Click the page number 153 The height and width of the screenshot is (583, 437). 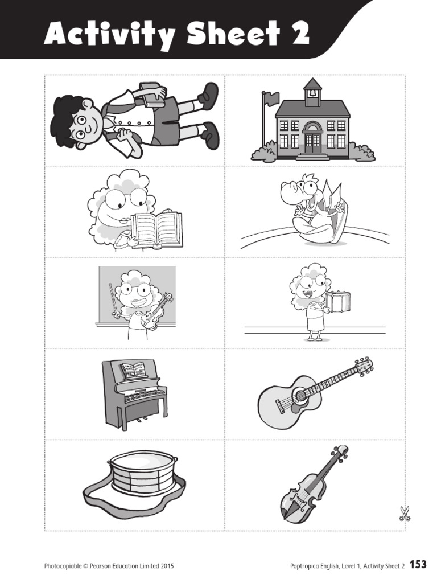click(x=418, y=565)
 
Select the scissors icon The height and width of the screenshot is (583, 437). click(x=404, y=514)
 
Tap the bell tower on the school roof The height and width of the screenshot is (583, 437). click(x=312, y=92)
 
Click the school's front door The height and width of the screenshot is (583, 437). click(x=312, y=143)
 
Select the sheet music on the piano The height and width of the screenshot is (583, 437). click(x=134, y=371)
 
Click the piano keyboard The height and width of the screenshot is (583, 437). click(x=145, y=395)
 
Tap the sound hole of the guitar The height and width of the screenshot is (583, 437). click(x=299, y=396)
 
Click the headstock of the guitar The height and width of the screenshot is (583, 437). click(x=362, y=366)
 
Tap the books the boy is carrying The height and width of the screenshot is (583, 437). click(x=152, y=95)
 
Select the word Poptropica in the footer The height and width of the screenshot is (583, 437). click(x=304, y=566)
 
